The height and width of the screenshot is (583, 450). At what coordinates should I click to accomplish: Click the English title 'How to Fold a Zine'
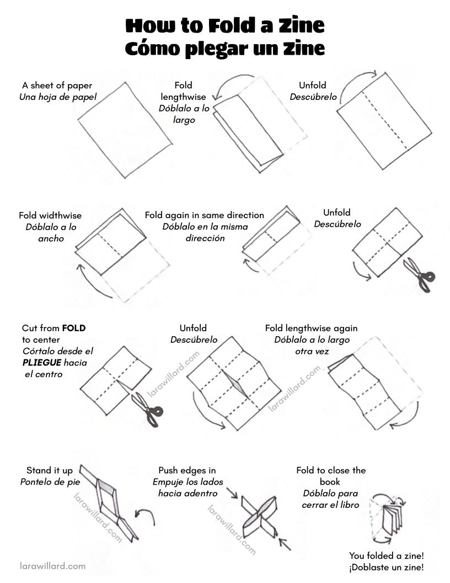coord(224,26)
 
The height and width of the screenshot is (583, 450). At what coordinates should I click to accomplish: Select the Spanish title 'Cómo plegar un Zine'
coord(224,49)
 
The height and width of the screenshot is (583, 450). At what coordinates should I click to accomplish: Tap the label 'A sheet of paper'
coord(57,86)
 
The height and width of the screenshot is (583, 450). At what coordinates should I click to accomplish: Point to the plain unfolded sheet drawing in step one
coord(125,130)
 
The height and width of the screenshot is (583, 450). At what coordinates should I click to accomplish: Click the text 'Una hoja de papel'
coord(57,97)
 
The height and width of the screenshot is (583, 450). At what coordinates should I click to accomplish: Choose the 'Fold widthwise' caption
coord(50,215)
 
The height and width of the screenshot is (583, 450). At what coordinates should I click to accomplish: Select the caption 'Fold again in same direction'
coord(205,215)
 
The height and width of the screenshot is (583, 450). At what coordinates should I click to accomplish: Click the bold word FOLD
coord(74,328)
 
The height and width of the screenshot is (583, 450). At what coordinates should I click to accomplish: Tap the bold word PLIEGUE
coord(41,363)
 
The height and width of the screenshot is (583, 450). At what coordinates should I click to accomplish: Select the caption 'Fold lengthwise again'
coord(312,328)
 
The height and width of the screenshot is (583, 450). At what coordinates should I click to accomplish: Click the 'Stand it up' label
coord(50,470)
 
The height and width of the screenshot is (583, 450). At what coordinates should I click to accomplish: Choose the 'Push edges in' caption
coord(187,470)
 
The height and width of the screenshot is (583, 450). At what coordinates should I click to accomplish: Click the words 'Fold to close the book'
coord(330,476)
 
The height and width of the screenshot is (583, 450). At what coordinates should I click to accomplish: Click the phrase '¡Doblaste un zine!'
coord(386,567)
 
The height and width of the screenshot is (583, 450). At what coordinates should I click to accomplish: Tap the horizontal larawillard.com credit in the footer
coord(52,566)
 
